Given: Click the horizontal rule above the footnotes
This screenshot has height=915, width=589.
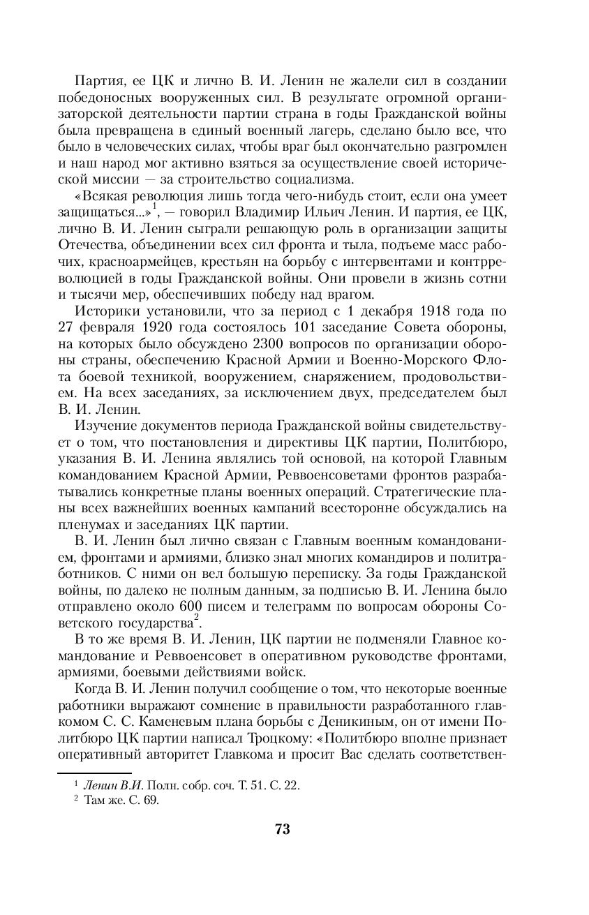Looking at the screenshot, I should pos(83,772).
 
